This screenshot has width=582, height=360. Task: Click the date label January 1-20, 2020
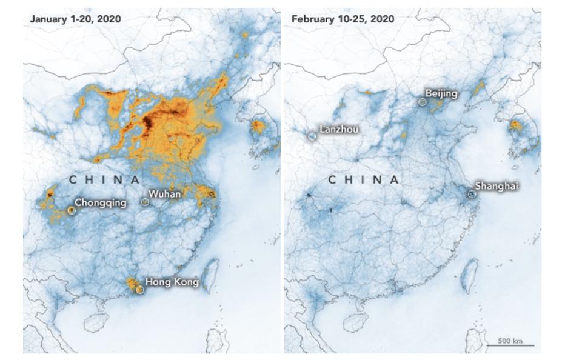[x=75, y=19]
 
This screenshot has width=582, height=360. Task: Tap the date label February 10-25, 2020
[x=343, y=19]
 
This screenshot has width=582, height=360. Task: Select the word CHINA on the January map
[x=104, y=179]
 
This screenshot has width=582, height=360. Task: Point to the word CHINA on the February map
[x=364, y=180]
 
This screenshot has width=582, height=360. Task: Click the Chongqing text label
[x=101, y=202]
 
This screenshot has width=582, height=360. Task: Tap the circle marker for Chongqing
[x=72, y=210]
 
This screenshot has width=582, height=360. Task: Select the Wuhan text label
[x=164, y=194]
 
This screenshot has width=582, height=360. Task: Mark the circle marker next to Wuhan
[x=145, y=202]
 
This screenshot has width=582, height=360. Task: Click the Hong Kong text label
[x=172, y=282]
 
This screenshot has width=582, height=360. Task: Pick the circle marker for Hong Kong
[x=141, y=290]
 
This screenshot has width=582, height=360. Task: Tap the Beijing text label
[x=441, y=93]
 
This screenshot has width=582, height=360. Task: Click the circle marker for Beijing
[x=423, y=102]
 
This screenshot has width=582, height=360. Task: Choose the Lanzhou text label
[x=338, y=129]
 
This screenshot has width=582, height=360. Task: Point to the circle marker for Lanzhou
[x=312, y=136]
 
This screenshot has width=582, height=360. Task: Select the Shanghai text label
[x=497, y=186]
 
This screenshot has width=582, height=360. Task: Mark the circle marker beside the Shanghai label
[x=472, y=194]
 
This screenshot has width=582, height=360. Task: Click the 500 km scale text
[x=510, y=341]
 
